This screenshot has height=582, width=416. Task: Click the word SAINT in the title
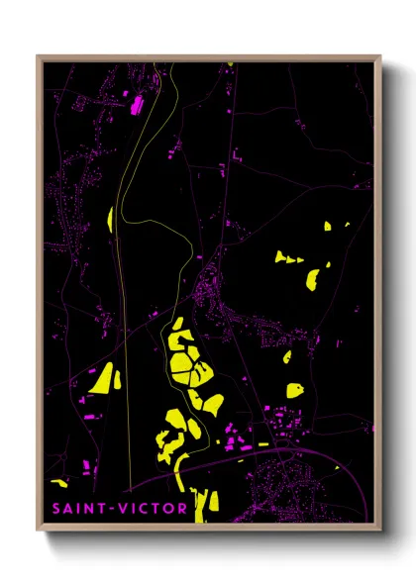(73, 510)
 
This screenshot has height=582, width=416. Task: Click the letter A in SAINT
(64, 510)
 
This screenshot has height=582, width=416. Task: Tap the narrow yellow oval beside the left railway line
(109, 220)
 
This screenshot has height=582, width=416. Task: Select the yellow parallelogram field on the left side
(103, 377)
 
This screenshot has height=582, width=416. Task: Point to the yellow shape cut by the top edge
(230, 64)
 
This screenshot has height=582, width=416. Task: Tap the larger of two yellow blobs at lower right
(294, 389)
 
